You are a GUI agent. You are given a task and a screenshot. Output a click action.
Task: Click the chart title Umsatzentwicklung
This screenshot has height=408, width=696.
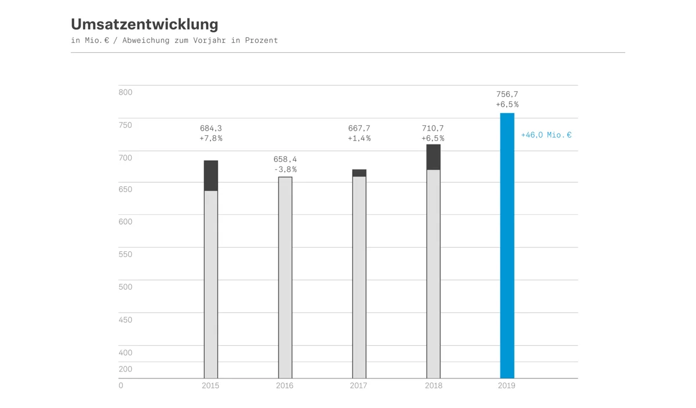pos(144,24)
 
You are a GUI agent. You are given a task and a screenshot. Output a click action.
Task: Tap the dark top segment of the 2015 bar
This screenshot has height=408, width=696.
pos(211,175)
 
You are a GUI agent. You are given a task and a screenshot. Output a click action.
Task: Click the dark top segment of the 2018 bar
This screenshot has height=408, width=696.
pos(433,157)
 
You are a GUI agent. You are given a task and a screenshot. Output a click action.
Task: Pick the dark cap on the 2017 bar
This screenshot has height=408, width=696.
pos(359,173)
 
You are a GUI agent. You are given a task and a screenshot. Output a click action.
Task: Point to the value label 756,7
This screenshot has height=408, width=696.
pos(507,94)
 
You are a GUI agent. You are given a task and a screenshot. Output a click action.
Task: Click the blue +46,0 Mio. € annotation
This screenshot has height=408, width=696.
pos(546,135)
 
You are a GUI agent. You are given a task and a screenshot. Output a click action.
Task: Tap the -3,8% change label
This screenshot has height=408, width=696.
pos(285,169)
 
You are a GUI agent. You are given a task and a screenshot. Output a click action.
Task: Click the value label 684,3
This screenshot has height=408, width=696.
pos(211,128)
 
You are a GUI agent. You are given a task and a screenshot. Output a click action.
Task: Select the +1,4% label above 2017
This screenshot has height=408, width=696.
pos(359,139)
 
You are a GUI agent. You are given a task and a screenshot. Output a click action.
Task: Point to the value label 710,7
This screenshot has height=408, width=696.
pos(433,128)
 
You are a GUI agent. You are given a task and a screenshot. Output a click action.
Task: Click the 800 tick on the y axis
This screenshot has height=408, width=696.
pos(125,92)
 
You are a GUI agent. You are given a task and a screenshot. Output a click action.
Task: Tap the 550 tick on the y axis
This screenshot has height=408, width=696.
pos(125,254)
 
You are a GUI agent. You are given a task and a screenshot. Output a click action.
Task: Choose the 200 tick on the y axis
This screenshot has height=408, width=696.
pos(125,369)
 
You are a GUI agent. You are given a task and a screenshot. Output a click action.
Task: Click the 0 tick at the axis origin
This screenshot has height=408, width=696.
pos(121,385)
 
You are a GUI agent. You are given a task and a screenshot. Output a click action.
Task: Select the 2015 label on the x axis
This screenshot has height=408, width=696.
pos(211,385)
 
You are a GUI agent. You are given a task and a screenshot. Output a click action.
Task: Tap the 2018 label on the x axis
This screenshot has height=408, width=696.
pos(433,385)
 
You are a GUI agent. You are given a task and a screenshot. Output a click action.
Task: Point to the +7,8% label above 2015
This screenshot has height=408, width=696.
pos(211,139)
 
